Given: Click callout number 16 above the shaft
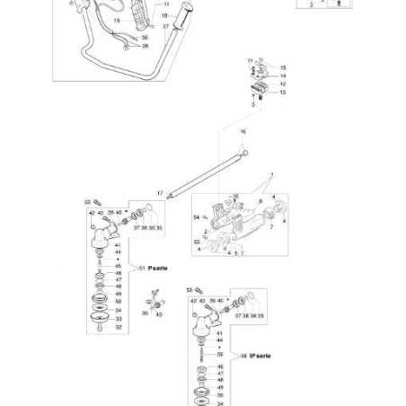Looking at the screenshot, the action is pyautogui.click(x=242, y=131).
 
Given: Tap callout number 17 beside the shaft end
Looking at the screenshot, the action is pyautogui.click(x=160, y=193).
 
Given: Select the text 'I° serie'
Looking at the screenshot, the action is pyautogui.click(x=156, y=267).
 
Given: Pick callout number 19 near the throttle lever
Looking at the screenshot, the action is pyautogui.click(x=116, y=21).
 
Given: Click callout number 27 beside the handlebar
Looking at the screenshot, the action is pyautogui.click(x=165, y=27).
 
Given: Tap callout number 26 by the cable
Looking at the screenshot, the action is pyautogui.click(x=146, y=45).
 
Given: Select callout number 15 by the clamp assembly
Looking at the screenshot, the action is pyautogui.click(x=283, y=67).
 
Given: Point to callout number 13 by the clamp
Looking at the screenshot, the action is pyautogui.click(x=283, y=92).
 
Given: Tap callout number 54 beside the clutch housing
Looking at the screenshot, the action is pyautogui.click(x=196, y=218).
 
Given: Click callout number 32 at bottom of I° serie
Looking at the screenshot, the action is pyautogui.click(x=118, y=327).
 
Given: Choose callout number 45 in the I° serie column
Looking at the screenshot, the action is pyautogui.click(x=118, y=266).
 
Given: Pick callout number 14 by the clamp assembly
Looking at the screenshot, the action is pyautogui.click(x=283, y=75).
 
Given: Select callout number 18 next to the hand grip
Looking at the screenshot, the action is pyautogui.click(x=165, y=15).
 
